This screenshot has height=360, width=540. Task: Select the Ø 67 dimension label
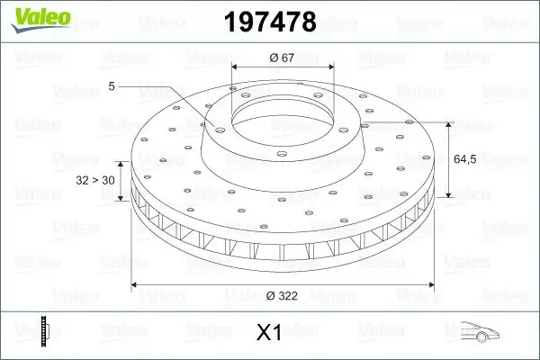click(283, 58)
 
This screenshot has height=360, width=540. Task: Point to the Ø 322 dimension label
click(283, 295)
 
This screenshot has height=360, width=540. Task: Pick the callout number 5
click(112, 86)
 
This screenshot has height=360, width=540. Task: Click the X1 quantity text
click(269, 333)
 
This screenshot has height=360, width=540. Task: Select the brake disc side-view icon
click(44, 330)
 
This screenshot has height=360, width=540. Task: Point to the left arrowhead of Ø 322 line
click(136, 284)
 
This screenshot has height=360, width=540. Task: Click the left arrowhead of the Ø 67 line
click(236, 67)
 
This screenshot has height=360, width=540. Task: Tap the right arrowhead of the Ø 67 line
click(331, 67)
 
